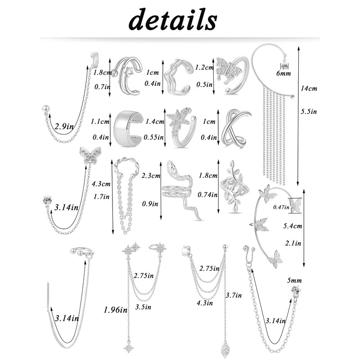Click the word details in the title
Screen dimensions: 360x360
pos(173,20)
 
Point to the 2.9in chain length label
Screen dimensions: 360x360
pos(65,126)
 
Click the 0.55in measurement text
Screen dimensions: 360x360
pos(154,138)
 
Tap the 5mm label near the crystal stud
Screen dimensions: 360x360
pos(294,280)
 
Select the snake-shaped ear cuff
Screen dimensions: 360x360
pos(180,189)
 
